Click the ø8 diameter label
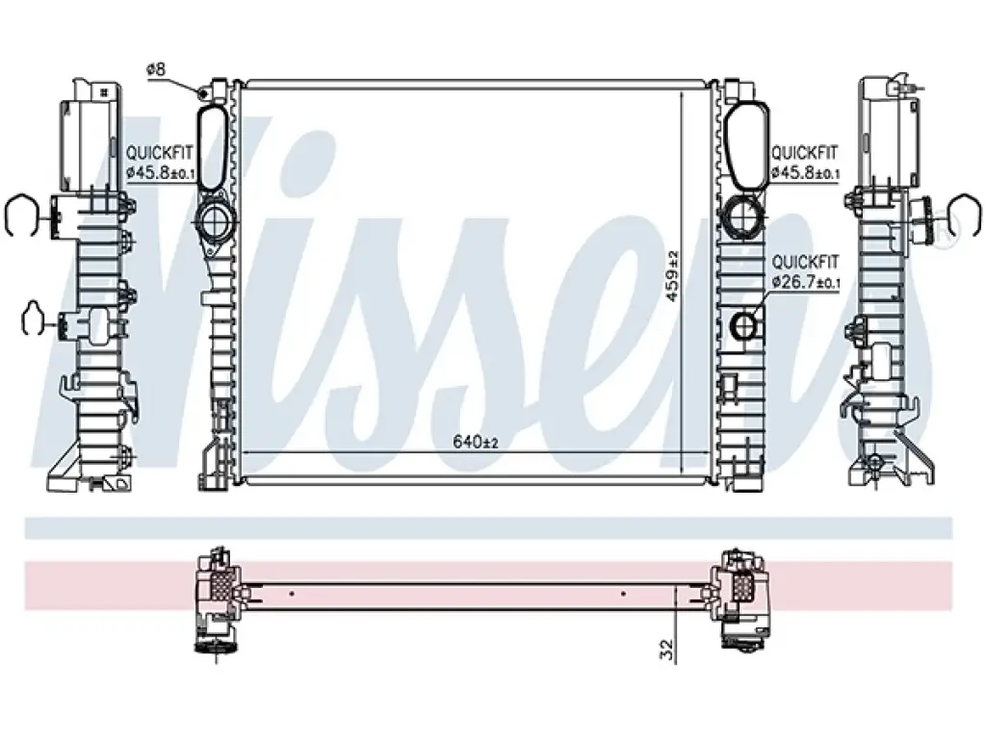[156, 68]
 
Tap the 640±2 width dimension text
[476, 443]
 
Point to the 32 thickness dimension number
[667, 650]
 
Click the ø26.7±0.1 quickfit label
[806, 282]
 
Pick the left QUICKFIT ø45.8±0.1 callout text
[160, 162]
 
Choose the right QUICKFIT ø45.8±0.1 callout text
[805, 162]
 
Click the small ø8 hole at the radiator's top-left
[204, 93]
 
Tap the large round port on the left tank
[215, 220]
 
